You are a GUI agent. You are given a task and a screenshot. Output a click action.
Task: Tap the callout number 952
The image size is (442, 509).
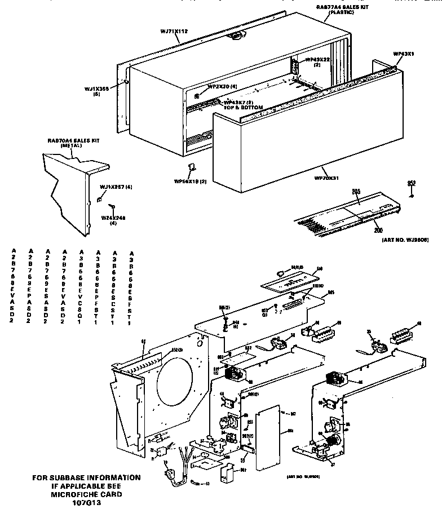tap(411, 183)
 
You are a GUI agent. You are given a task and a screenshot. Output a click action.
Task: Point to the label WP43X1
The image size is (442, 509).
tap(404, 54)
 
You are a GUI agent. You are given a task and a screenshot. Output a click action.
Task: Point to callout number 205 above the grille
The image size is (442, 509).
tap(356, 193)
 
